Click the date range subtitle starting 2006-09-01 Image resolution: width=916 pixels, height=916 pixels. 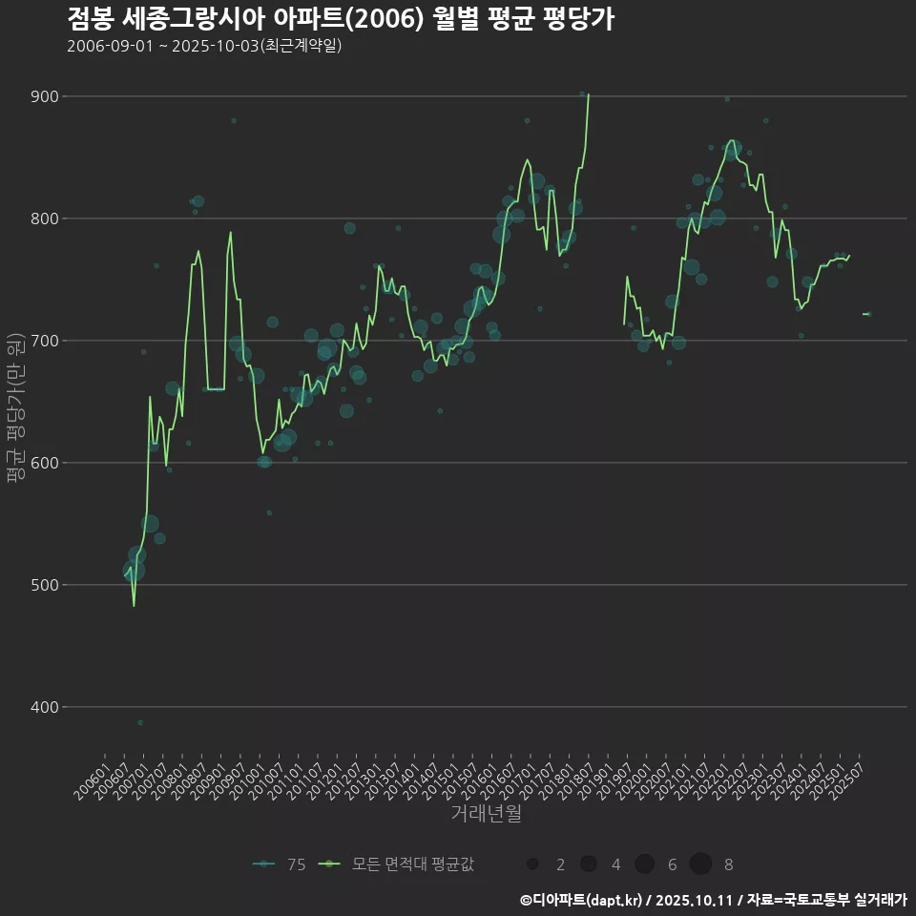[x=204, y=46]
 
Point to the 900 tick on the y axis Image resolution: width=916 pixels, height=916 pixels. [x=44, y=96]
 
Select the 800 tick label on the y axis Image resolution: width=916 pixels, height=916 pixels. [x=44, y=219]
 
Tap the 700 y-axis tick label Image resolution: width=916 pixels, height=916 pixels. [x=44, y=341]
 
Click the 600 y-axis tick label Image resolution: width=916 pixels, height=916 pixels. [x=44, y=463]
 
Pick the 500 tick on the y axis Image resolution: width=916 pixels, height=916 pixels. [x=44, y=585]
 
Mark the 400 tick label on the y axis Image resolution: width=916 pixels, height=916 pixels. [x=44, y=707]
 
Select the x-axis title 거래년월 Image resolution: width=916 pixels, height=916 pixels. [x=486, y=814]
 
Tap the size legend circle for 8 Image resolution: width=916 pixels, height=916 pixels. [x=701, y=864]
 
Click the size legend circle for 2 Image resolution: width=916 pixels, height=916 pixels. [x=532, y=864]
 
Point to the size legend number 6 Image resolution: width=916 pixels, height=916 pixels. [x=672, y=864]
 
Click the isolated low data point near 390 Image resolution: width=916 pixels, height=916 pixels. [x=140, y=722]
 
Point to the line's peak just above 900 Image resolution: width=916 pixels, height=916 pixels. [x=589, y=94]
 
